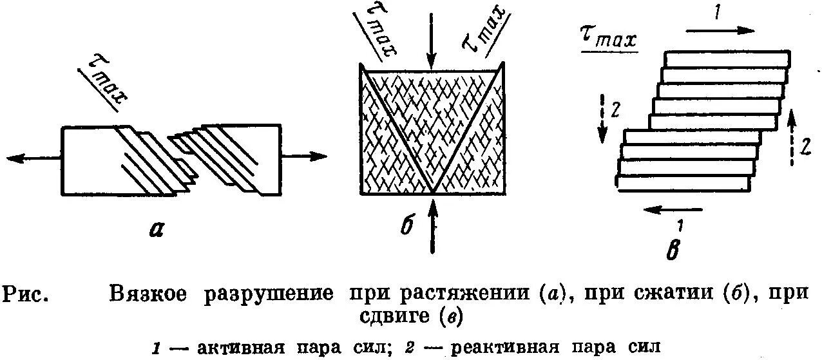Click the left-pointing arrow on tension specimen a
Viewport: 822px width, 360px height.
coord(32,158)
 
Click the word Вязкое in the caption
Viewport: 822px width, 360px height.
coord(148,294)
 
